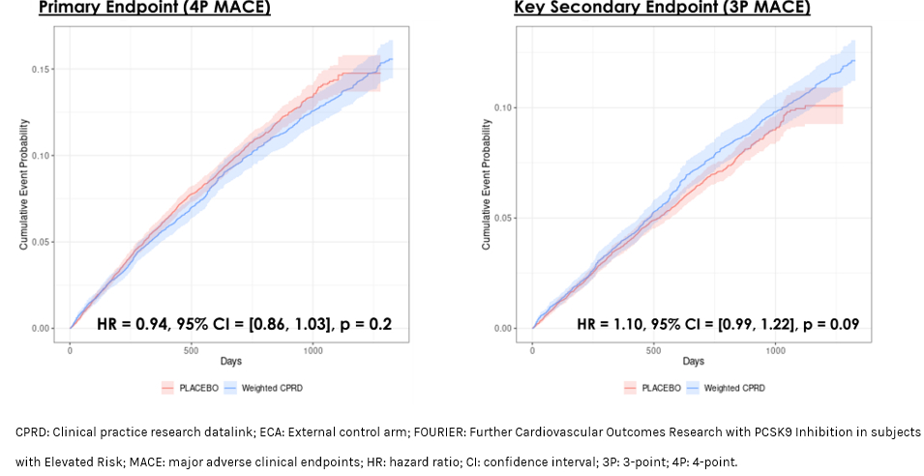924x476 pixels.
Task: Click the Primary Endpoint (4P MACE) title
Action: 154,8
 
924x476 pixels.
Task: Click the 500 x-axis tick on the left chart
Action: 192,350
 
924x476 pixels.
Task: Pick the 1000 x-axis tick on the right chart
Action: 775,350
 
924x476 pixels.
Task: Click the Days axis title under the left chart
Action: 231,362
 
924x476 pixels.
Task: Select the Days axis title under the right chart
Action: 693,362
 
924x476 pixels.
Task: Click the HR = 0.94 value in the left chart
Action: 135,323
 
